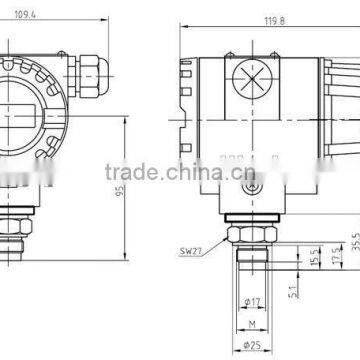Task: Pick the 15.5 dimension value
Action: pos(314,257)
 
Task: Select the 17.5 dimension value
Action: pos(334,255)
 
